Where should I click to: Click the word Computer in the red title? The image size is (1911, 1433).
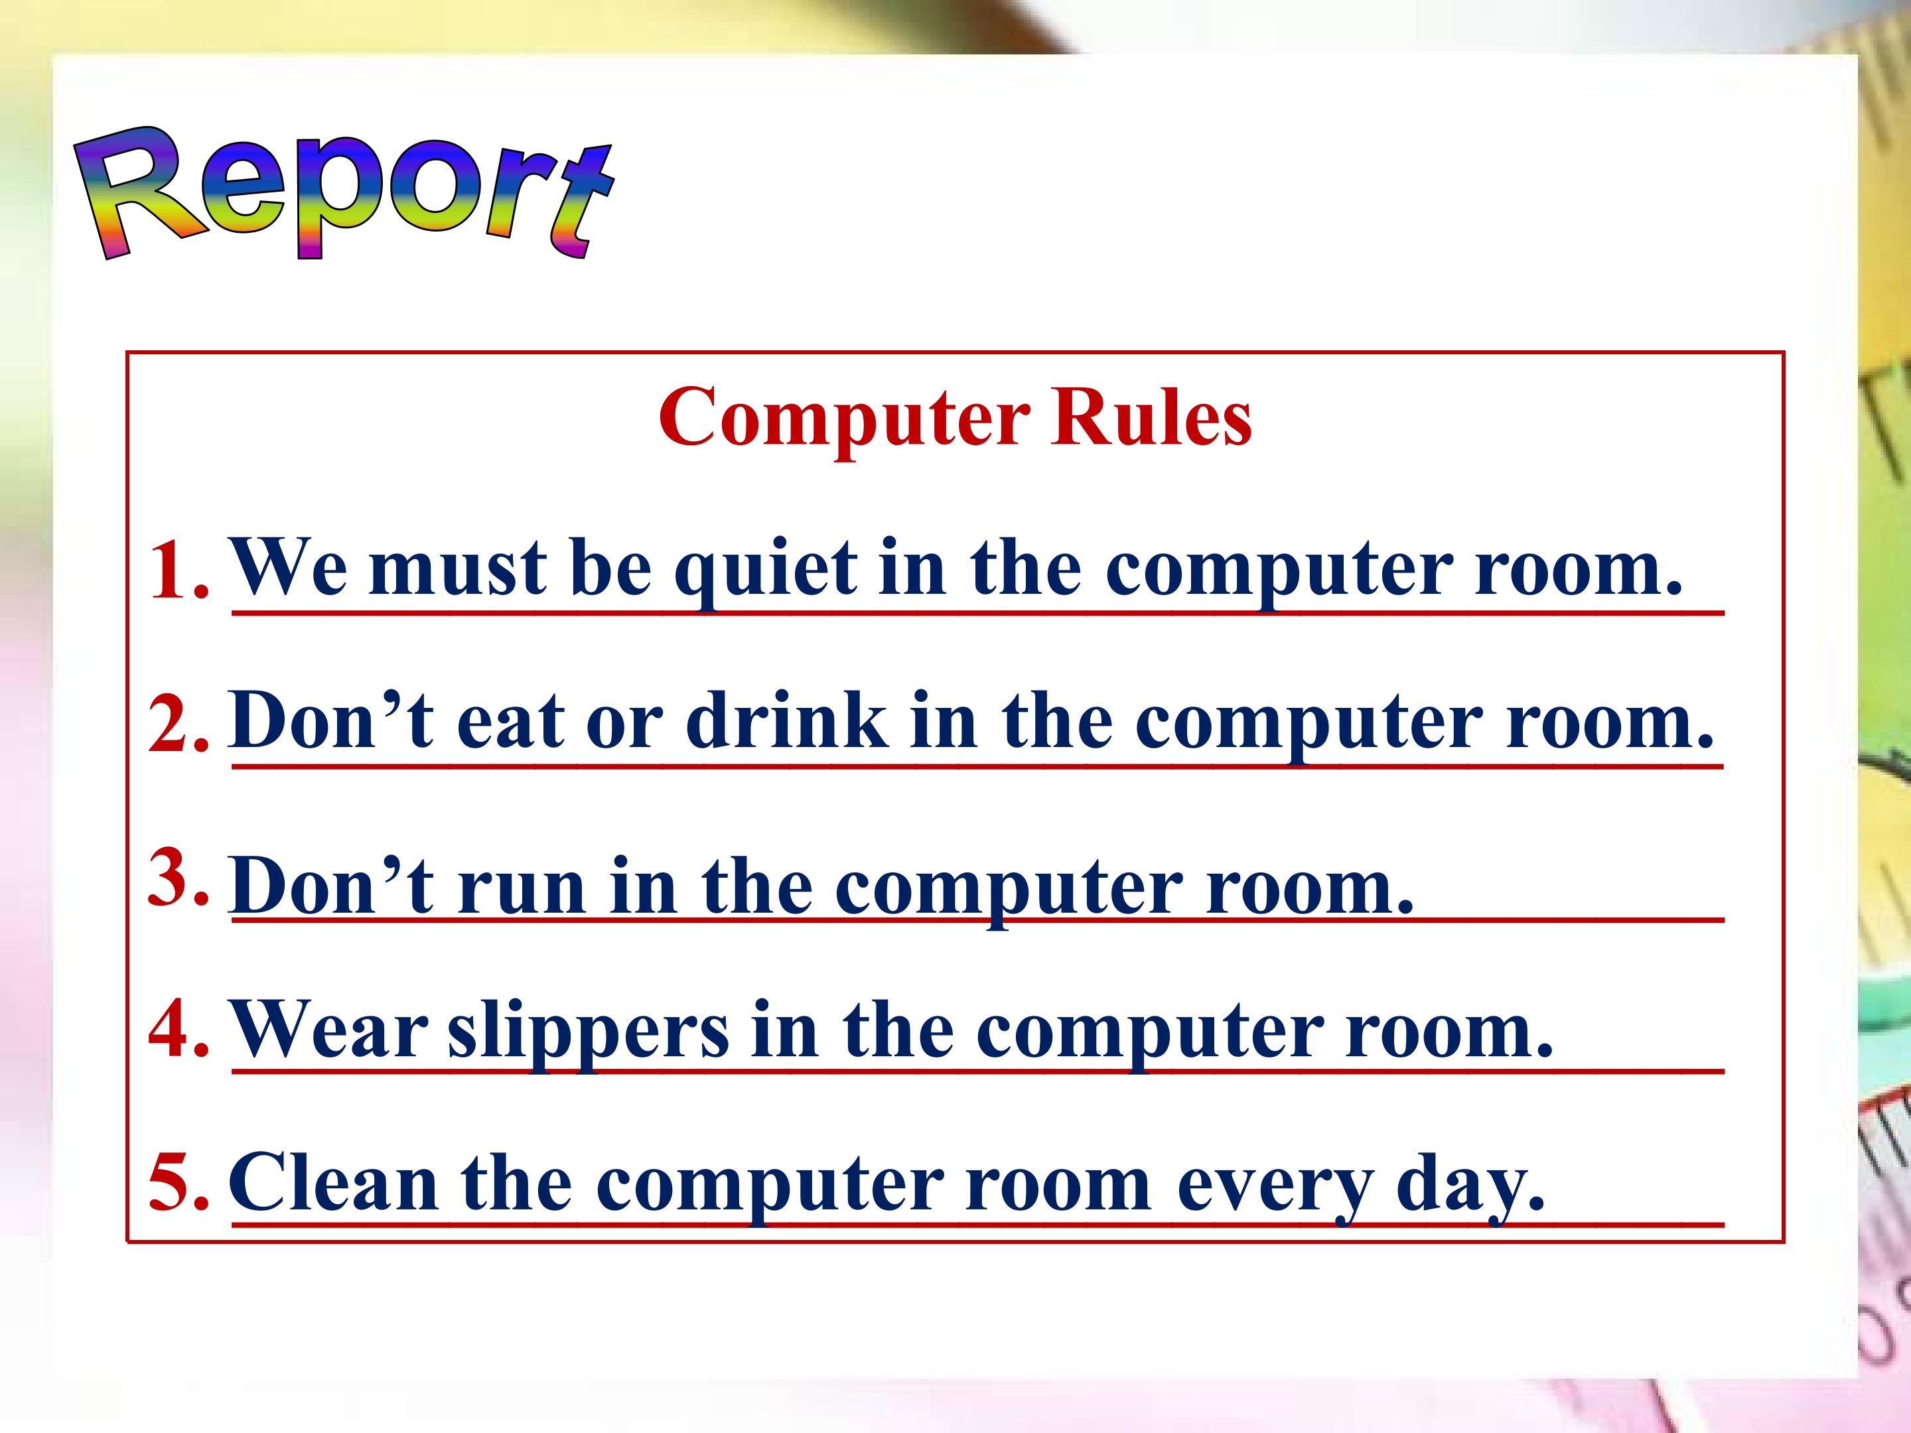(x=843, y=418)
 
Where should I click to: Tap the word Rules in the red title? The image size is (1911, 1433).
(x=1151, y=418)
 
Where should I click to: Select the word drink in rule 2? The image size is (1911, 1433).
(x=786, y=721)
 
